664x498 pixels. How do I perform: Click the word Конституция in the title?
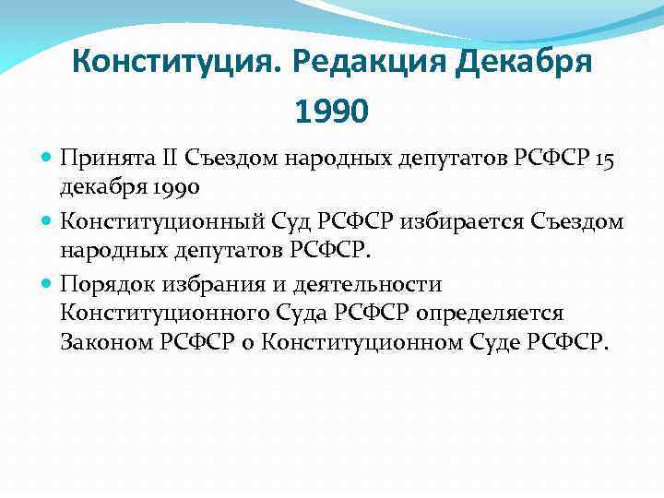174,64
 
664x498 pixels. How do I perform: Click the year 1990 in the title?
331,112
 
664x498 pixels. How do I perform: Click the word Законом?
103,343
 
